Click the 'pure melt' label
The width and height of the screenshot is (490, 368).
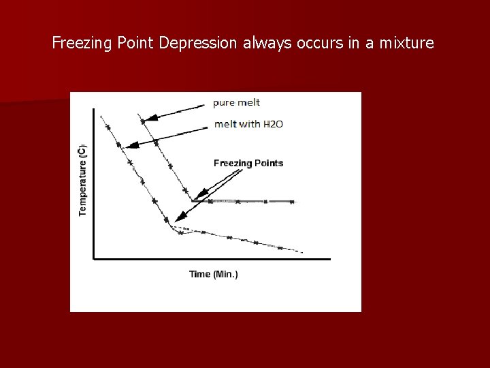(236, 103)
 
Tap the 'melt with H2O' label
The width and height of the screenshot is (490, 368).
(248, 124)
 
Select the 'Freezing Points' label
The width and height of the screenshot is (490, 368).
(248, 163)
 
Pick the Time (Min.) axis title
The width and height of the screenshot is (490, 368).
(214, 274)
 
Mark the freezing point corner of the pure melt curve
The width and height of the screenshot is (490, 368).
(193, 200)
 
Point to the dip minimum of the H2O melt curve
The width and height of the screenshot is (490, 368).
(180, 233)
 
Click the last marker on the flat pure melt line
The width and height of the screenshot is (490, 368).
(292, 202)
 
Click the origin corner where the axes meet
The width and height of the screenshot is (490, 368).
(94, 259)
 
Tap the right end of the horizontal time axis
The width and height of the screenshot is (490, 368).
(329, 259)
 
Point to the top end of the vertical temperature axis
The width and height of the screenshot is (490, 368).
(94, 109)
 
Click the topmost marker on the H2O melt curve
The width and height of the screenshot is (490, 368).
(107, 126)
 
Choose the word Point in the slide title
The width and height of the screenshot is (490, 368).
(136, 44)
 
